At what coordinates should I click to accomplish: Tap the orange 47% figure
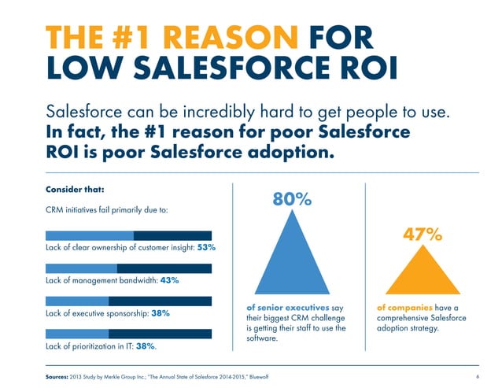[422, 235]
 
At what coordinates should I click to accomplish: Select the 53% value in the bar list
[206, 247]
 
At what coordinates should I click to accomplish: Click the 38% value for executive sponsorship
[161, 312]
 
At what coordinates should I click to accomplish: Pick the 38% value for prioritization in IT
[144, 346]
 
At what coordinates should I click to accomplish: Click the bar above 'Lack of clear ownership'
[129, 235]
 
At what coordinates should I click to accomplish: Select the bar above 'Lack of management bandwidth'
[129, 268]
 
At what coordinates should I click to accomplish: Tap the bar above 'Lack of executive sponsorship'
[129, 301]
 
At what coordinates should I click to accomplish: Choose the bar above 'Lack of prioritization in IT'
[129, 334]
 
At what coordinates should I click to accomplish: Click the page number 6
[478, 377]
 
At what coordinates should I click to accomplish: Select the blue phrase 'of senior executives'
[276, 308]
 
